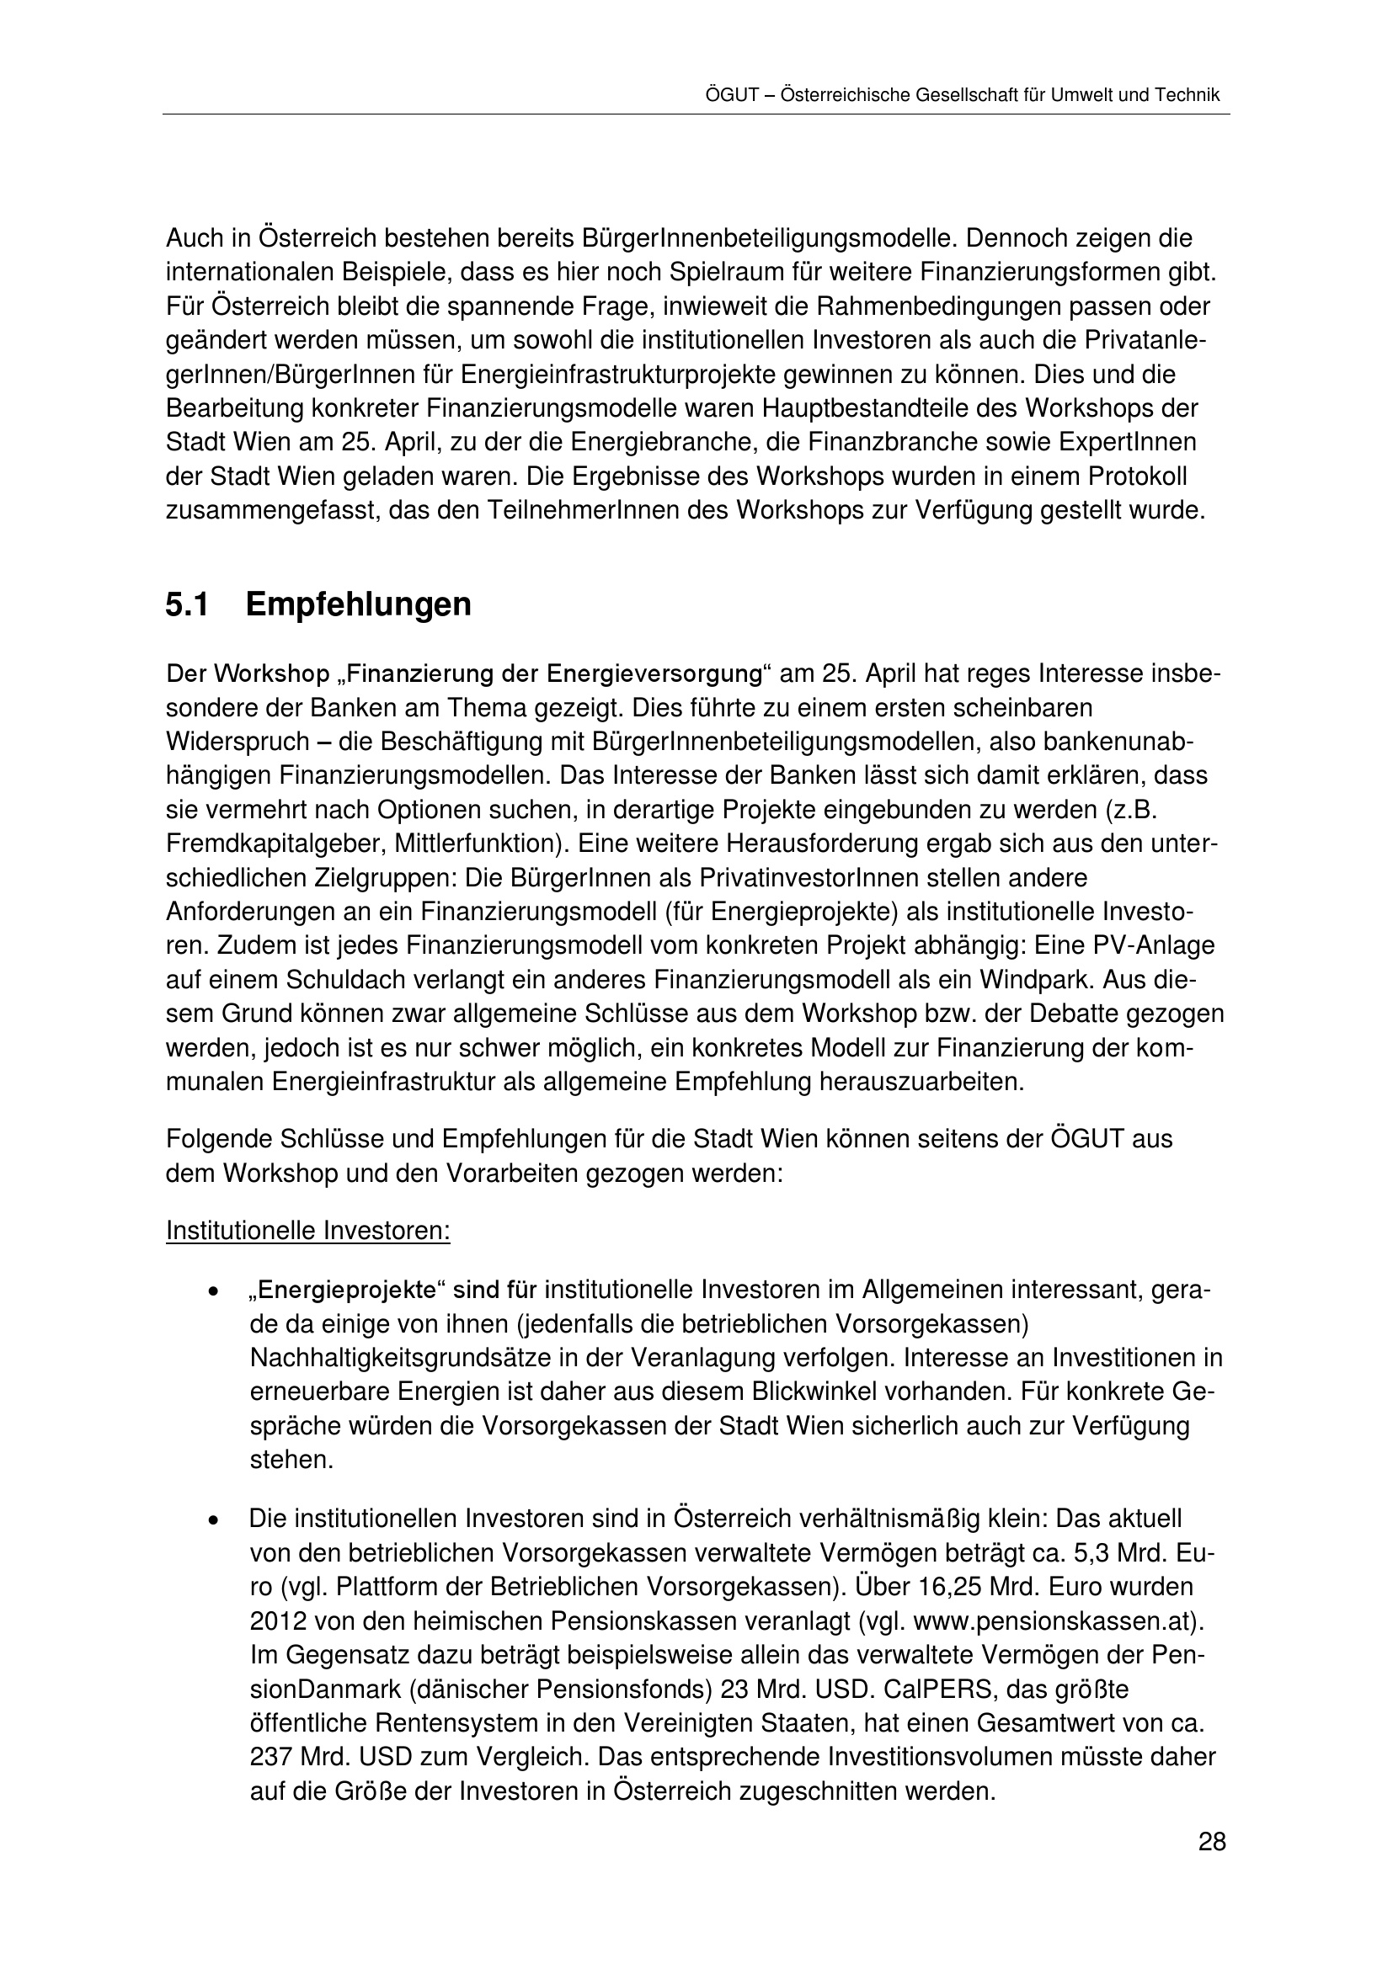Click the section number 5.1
187,605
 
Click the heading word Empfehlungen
358,605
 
